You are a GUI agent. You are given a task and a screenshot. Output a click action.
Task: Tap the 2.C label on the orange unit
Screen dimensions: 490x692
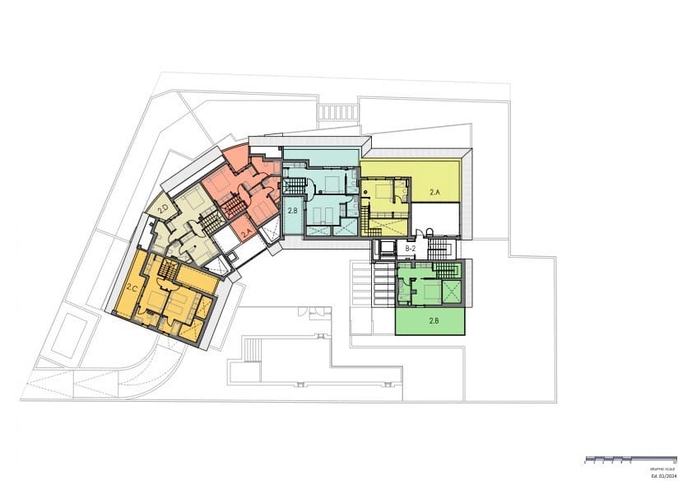tap(132, 287)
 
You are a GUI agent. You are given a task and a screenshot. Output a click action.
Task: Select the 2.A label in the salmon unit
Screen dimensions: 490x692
tap(246, 233)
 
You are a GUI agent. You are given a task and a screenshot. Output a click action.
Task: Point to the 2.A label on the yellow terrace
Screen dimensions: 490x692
tap(435, 192)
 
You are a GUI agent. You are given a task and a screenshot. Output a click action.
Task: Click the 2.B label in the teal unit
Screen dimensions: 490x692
tap(292, 211)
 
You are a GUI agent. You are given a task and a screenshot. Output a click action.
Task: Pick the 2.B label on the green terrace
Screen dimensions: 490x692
tap(434, 320)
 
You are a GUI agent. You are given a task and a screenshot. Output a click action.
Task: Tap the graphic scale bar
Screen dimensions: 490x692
tap(631, 458)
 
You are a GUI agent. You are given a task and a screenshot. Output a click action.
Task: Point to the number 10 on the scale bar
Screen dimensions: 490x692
tap(675, 463)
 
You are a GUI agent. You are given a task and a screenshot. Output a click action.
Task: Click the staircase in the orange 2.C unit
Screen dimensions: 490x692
tap(168, 269)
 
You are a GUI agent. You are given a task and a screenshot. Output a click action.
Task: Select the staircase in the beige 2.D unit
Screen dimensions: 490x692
tap(212, 221)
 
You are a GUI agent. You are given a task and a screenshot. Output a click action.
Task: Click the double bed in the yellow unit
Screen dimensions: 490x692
tap(383, 192)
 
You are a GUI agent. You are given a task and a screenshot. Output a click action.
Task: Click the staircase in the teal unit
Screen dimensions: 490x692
tap(295, 184)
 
